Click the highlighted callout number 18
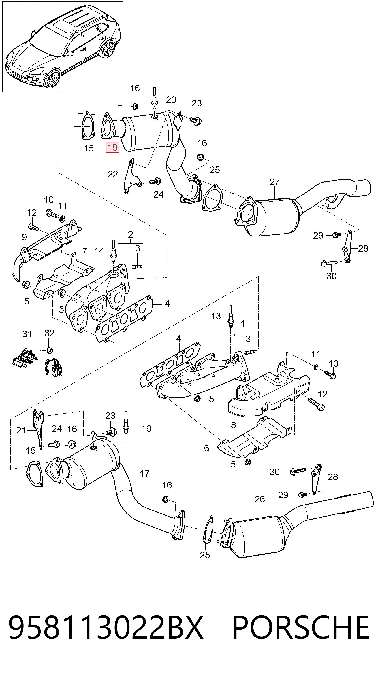(112, 147)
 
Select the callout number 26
(260, 499)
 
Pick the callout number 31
(27, 334)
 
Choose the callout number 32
(50, 333)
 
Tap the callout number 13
(216, 316)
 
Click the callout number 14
(99, 251)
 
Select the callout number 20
(171, 100)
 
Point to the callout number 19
(146, 429)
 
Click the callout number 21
(21, 431)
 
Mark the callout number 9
(24, 237)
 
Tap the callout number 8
(233, 425)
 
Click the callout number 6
(207, 448)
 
